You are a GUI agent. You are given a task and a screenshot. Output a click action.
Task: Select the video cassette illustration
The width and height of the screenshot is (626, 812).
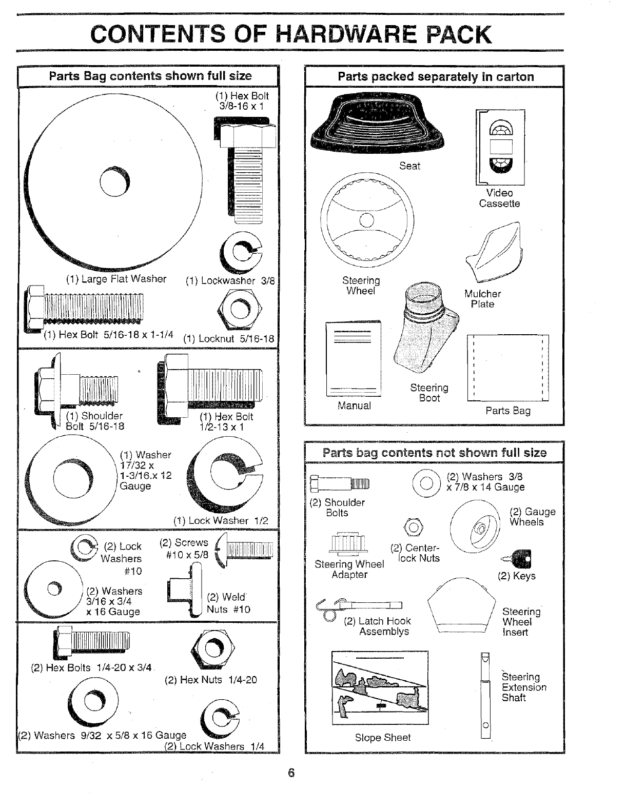click(500, 147)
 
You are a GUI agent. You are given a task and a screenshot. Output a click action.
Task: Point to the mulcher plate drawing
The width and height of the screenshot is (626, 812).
click(496, 250)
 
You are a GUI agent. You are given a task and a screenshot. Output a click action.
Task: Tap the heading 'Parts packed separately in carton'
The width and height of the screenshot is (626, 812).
click(435, 77)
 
